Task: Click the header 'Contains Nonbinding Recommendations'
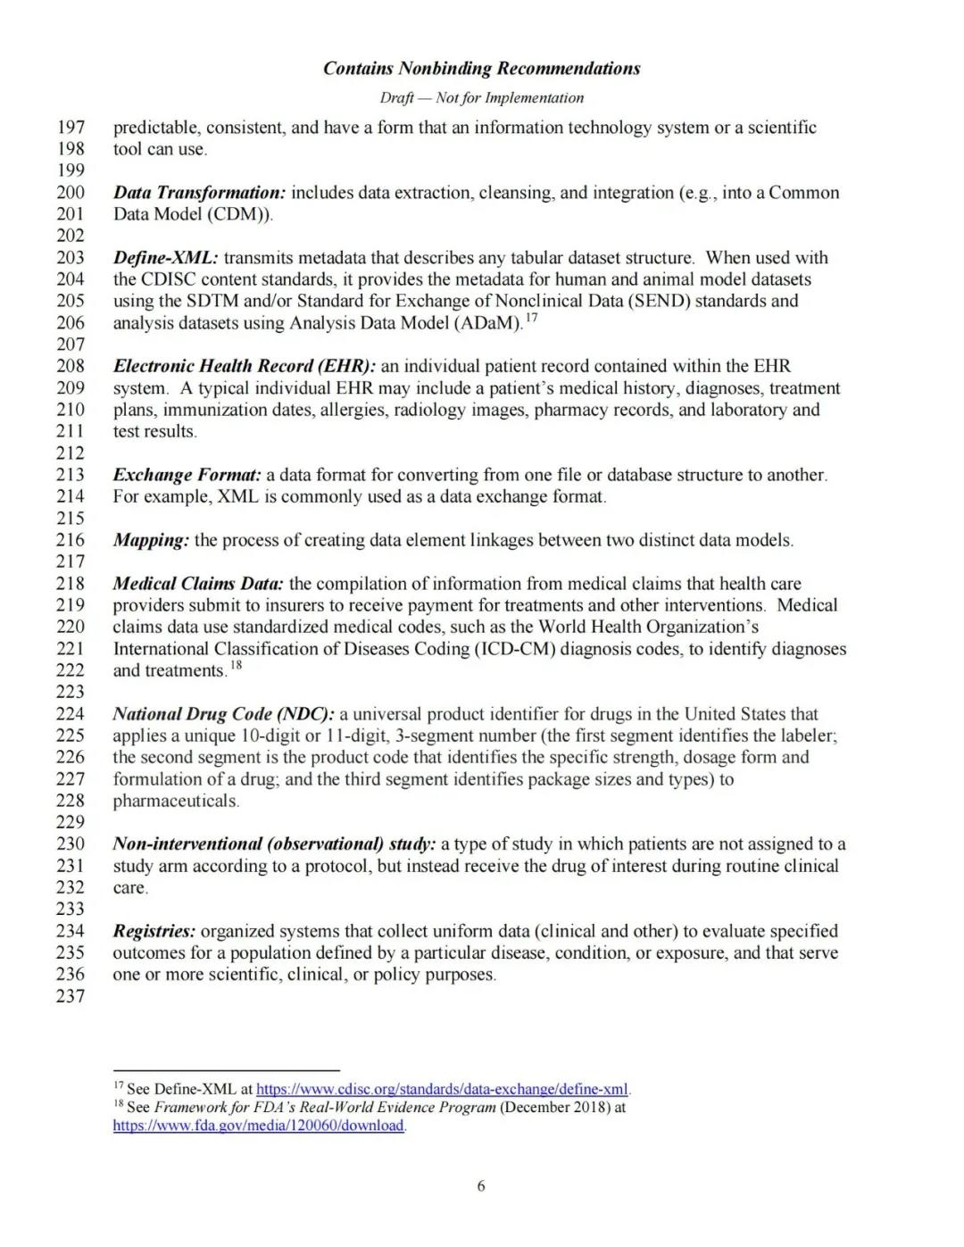481,69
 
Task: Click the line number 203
71,258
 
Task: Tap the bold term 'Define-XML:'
165,258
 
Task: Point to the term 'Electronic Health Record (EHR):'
245,366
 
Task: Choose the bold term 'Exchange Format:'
187,475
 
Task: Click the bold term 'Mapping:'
151,540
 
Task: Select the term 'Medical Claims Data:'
198,584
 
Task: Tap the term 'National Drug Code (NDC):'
223,714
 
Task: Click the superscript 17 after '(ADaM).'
531,318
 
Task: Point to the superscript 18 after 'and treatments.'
236,665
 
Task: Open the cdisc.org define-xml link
443,1089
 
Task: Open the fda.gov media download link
259,1126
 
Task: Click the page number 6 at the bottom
481,1186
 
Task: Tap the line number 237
71,996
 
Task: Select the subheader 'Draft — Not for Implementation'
481,98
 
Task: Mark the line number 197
71,128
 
